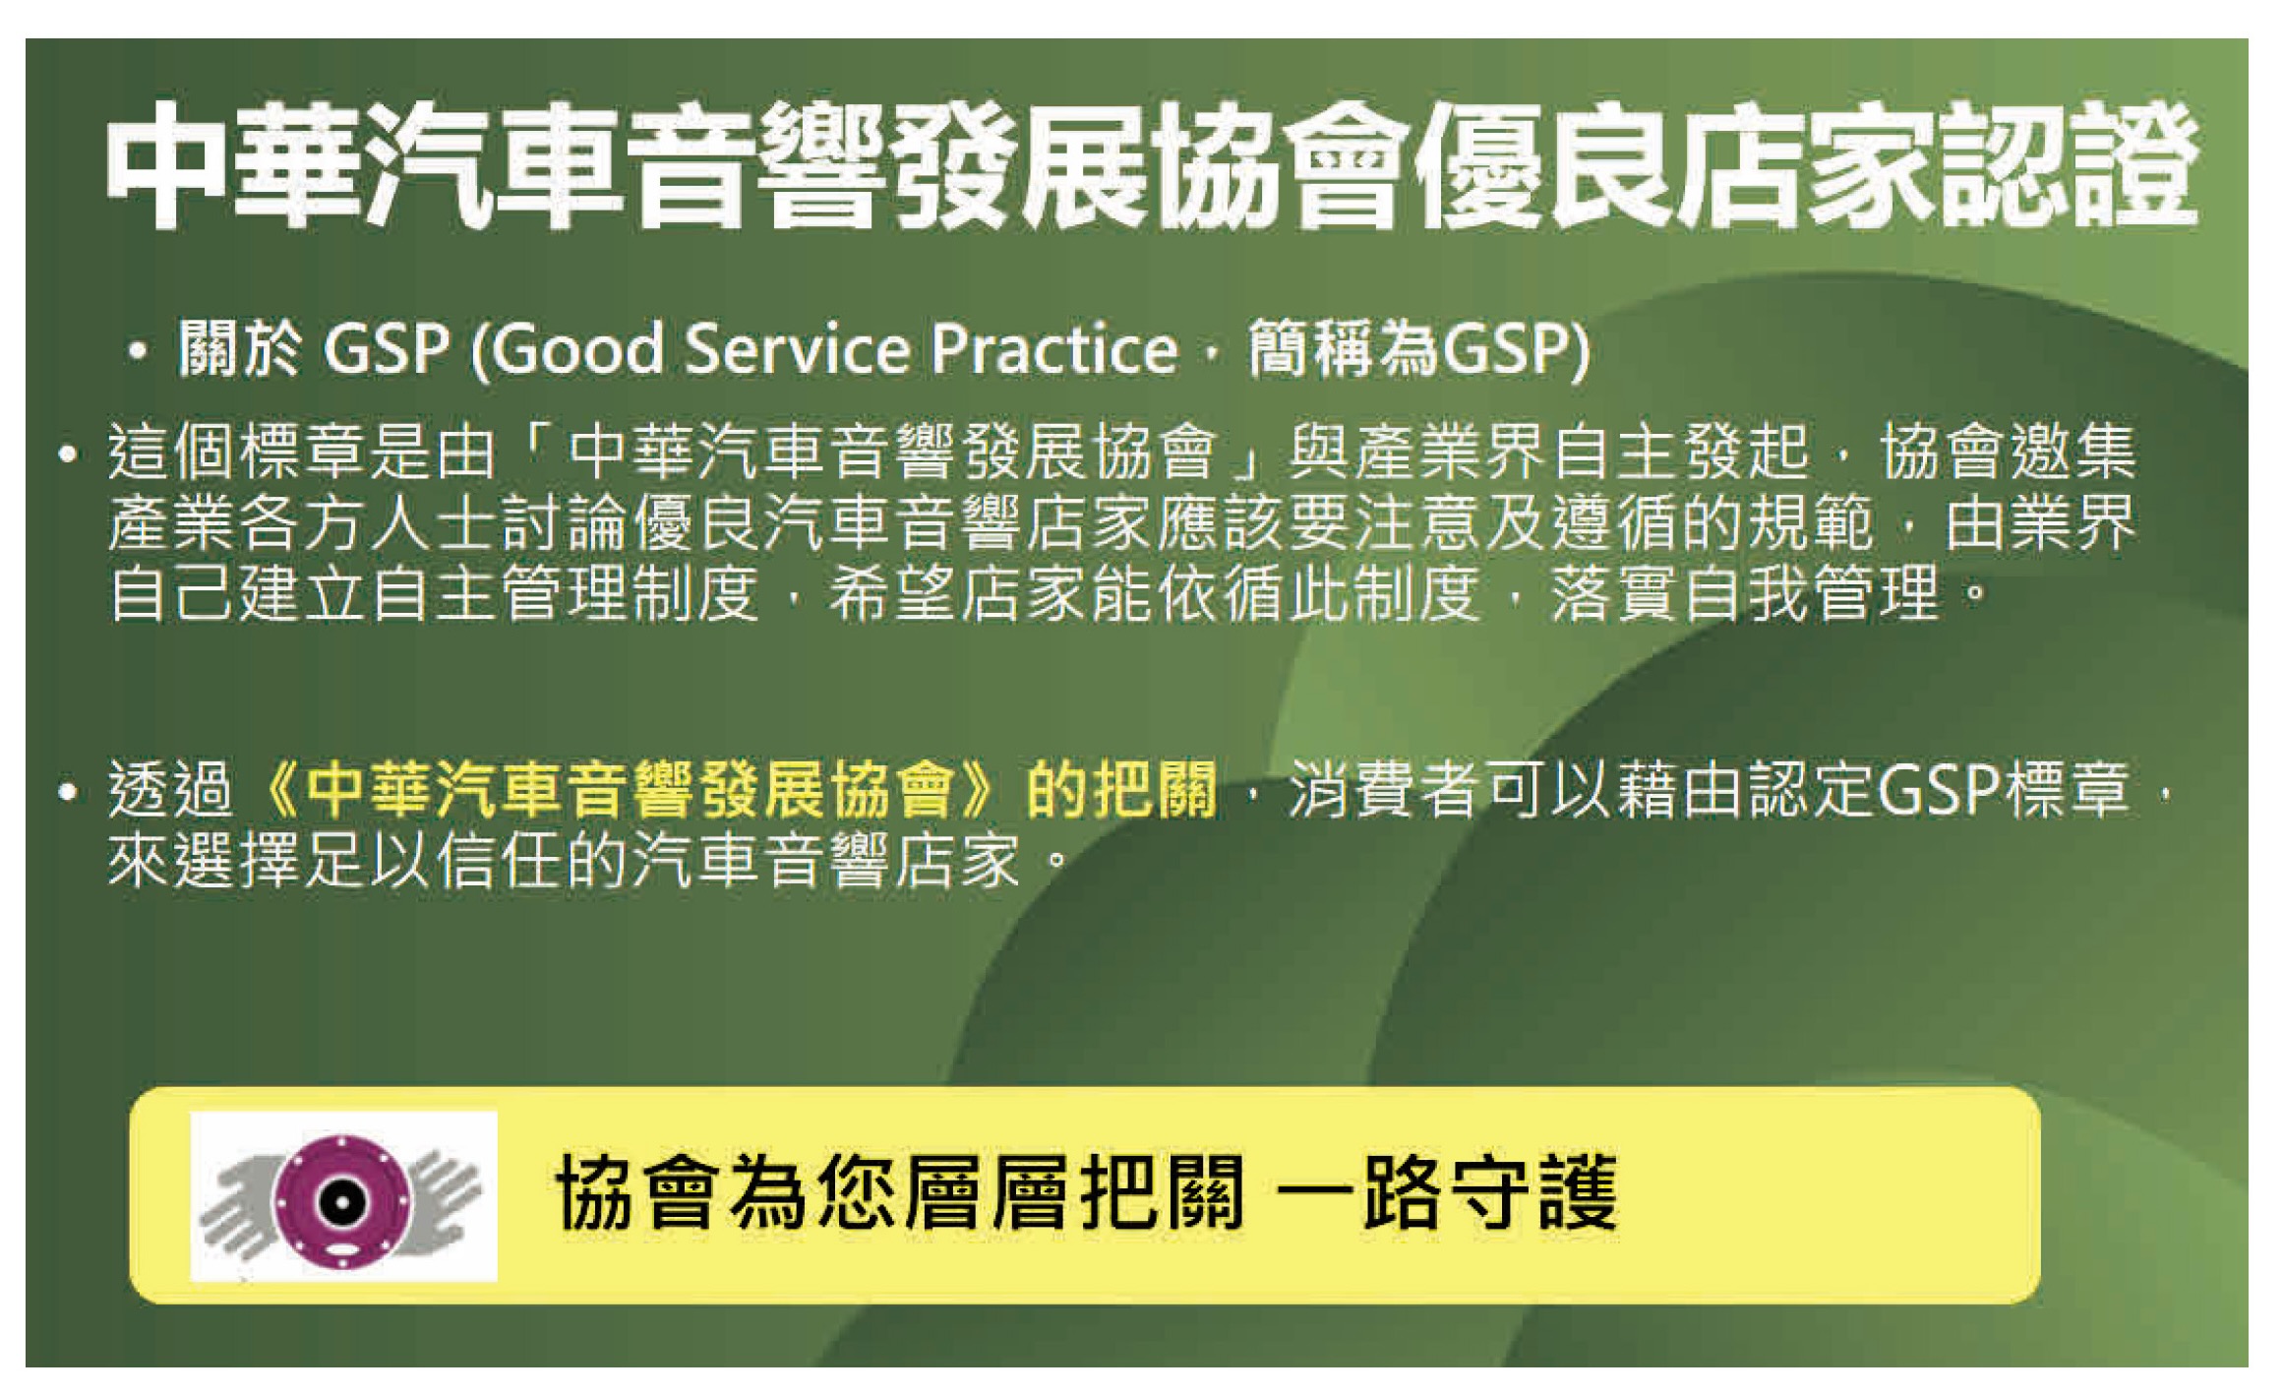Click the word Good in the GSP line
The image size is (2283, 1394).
[x=577, y=349]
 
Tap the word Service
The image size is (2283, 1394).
[x=798, y=349]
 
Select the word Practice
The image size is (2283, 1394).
[x=1055, y=349]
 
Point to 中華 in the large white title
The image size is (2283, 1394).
[x=237, y=165]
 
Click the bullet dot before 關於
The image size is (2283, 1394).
[x=138, y=351]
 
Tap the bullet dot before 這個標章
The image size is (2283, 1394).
[x=67, y=454]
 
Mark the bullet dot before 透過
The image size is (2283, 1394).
[x=67, y=791]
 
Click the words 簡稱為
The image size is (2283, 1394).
[x=1343, y=349]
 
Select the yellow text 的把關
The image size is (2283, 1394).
[x=1121, y=789]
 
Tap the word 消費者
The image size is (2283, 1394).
[x=1385, y=789]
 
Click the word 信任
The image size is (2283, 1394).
[x=500, y=860]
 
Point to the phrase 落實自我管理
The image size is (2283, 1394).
[x=1745, y=593]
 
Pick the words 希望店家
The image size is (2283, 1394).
[x=957, y=593]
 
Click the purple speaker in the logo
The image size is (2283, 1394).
[x=341, y=1200]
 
